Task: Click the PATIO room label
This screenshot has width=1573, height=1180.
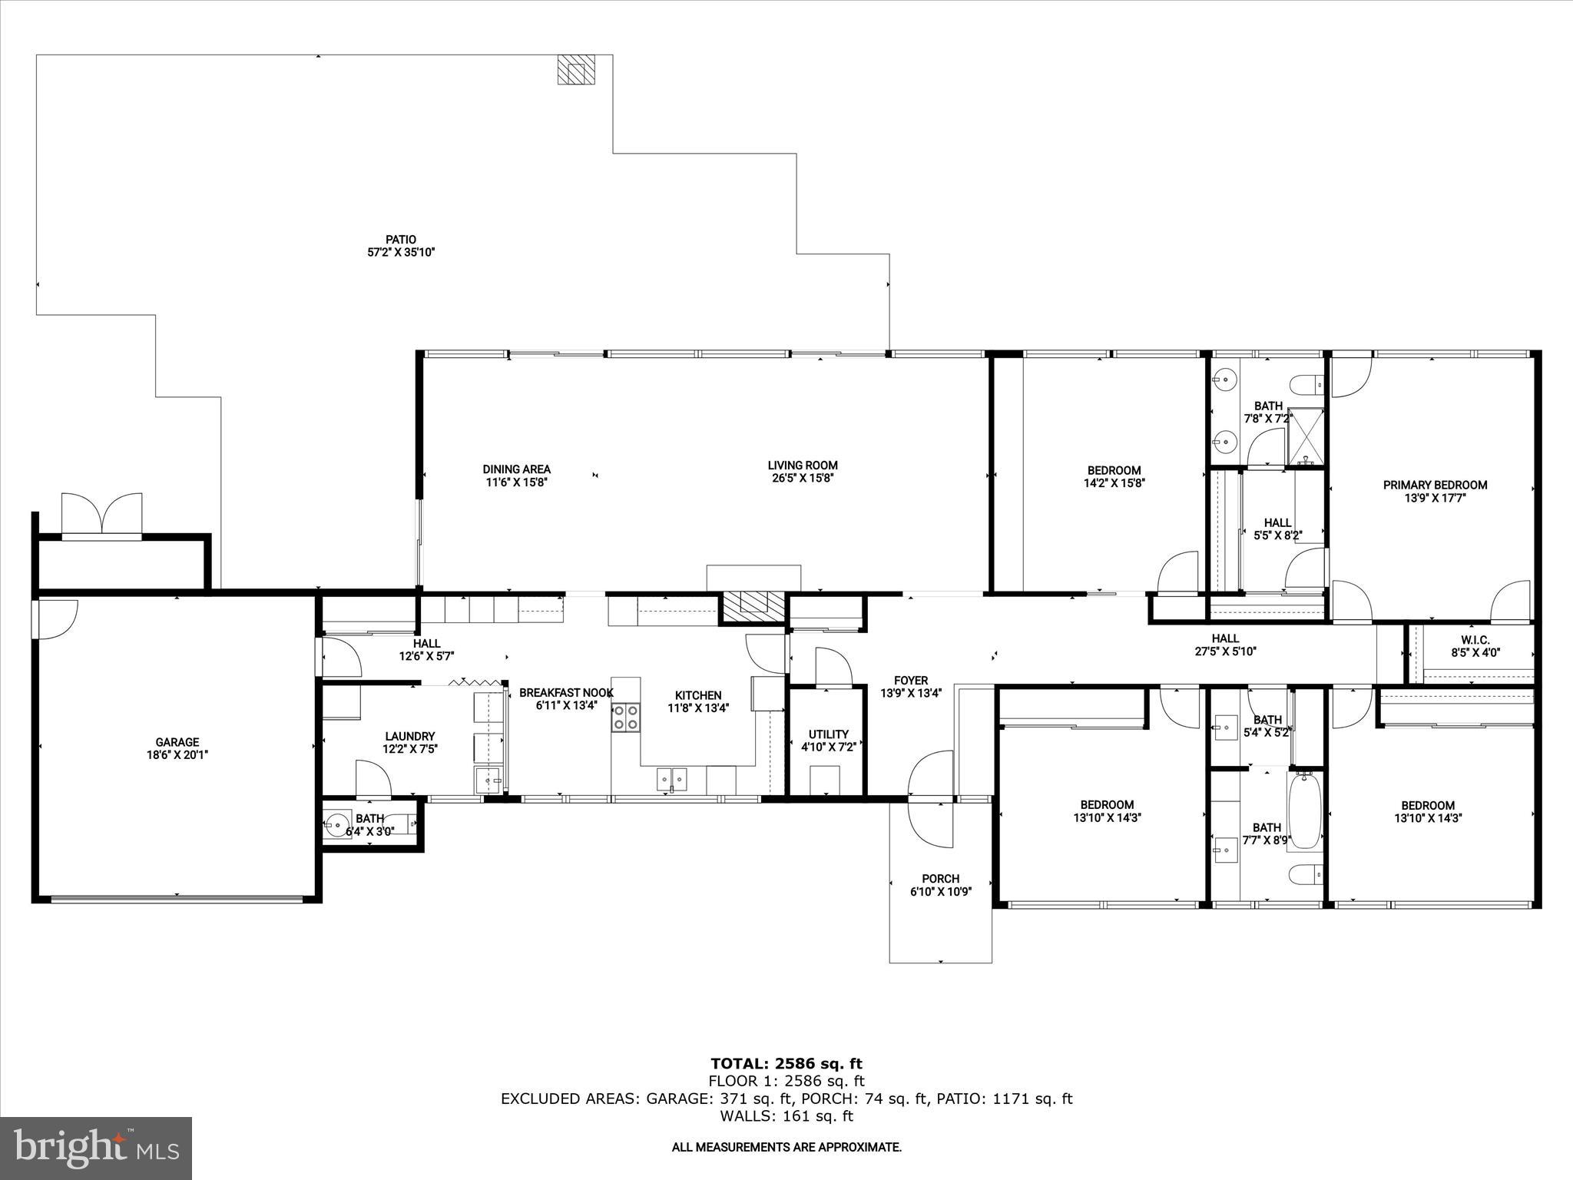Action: (x=401, y=240)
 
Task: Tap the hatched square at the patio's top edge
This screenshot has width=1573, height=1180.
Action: (x=576, y=68)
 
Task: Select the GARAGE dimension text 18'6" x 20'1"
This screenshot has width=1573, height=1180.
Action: (x=177, y=755)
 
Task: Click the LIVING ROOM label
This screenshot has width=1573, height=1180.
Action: (x=803, y=465)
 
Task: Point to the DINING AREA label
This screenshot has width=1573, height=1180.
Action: (x=516, y=469)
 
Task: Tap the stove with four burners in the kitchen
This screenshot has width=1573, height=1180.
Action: (x=625, y=718)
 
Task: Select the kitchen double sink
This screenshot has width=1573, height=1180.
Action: (x=672, y=779)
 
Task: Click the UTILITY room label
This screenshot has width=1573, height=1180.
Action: (x=828, y=734)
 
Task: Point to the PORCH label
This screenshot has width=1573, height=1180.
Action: (x=940, y=879)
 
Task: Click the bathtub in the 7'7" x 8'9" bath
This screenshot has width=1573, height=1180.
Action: (x=1305, y=811)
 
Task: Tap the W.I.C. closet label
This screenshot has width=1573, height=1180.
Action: (x=1475, y=640)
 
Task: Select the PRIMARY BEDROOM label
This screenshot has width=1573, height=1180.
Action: (x=1435, y=485)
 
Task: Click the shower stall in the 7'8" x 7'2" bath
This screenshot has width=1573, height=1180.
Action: (x=1305, y=436)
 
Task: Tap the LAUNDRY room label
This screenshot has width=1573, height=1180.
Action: (x=410, y=736)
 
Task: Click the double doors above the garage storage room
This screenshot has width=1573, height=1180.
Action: (x=101, y=514)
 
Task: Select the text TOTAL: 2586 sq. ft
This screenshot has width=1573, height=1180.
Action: (x=786, y=1064)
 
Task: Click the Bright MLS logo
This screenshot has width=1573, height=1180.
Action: (x=96, y=1148)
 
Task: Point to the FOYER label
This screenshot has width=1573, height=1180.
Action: (x=910, y=680)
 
